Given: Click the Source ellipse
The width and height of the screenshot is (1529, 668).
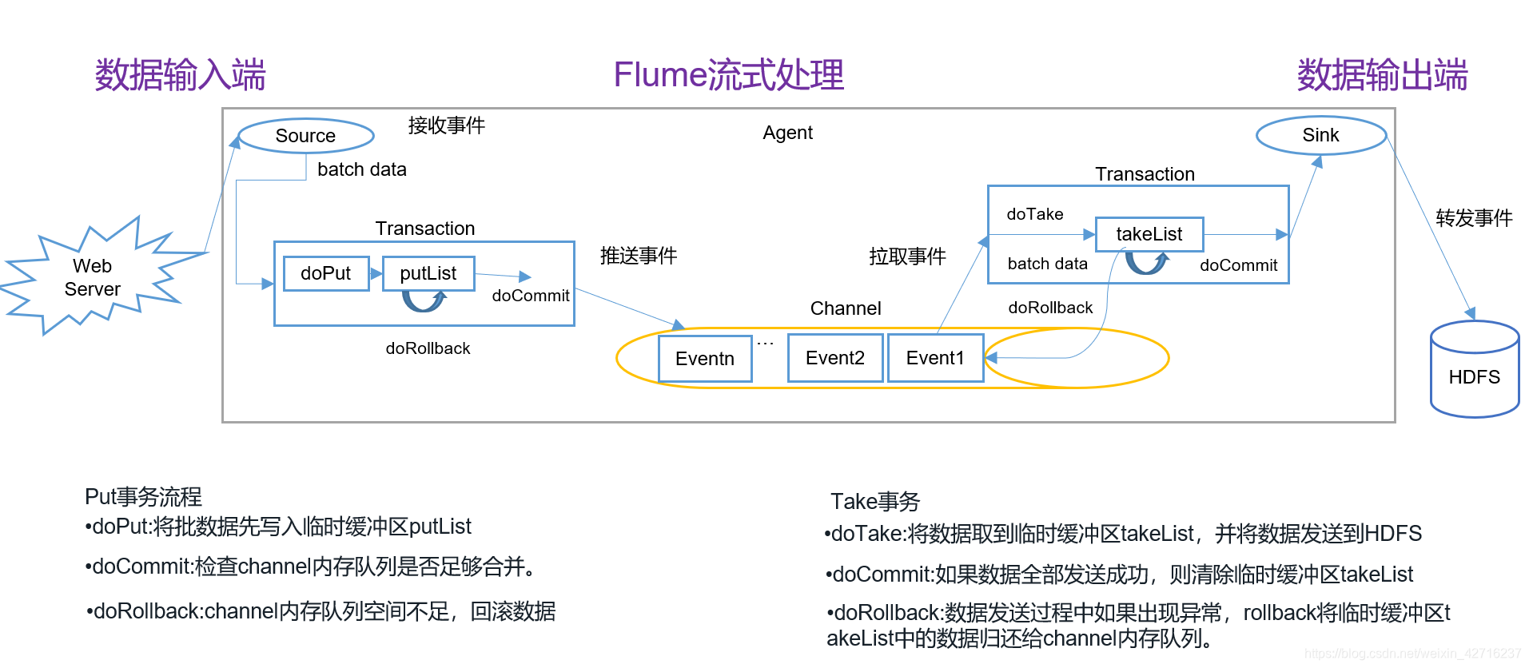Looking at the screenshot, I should pyautogui.click(x=305, y=136).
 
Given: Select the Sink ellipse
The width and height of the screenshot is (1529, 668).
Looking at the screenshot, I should pyautogui.click(x=1320, y=135).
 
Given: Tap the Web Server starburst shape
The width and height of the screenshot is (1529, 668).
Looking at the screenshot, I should pyautogui.click(x=93, y=277).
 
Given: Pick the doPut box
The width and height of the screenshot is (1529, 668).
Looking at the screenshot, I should pyautogui.click(x=326, y=273).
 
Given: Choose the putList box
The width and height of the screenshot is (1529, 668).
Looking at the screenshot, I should pyautogui.click(x=428, y=273).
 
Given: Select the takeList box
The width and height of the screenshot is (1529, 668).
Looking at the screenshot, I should pyautogui.click(x=1149, y=234).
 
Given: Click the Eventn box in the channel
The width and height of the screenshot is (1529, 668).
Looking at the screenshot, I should pyautogui.click(x=705, y=358).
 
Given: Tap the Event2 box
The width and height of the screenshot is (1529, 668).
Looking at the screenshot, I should pyautogui.click(x=834, y=358).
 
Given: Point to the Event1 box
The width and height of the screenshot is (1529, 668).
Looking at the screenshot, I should pyautogui.click(x=934, y=358).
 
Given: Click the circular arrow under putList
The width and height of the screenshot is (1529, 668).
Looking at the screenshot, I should pyautogui.click(x=424, y=300).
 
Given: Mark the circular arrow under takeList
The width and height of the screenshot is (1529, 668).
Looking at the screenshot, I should pyautogui.click(x=1147, y=262).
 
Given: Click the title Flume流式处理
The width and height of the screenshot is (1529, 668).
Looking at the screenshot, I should pyautogui.click(x=728, y=75).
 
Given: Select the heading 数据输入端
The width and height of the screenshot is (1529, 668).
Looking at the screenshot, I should pyautogui.click(x=180, y=75).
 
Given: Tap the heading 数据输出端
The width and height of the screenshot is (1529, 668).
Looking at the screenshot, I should pyautogui.click(x=1382, y=75).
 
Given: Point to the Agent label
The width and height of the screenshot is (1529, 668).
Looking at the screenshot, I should pyautogui.click(x=787, y=133).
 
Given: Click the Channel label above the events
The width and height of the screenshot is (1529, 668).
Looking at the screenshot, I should pyautogui.click(x=845, y=308).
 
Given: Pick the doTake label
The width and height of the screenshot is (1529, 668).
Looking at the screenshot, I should pyautogui.click(x=1034, y=214).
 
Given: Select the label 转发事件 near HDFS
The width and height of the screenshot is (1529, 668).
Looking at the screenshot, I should pyautogui.click(x=1473, y=218).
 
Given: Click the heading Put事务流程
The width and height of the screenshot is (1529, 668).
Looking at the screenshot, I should pyautogui.click(x=143, y=497).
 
